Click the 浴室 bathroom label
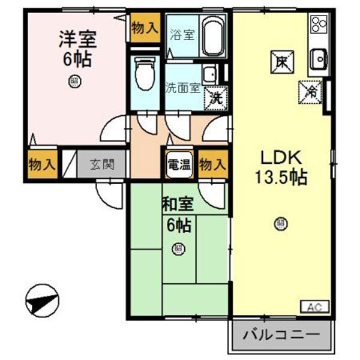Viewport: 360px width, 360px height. pyautogui.click(x=182, y=34)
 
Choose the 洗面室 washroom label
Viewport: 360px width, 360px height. pyautogui.click(x=182, y=86)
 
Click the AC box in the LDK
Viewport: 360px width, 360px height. pyautogui.click(x=314, y=307)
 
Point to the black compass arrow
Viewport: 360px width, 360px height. pyautogui.click(x=43, y=299)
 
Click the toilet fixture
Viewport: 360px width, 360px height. pyautogui.click(x=144, y=73)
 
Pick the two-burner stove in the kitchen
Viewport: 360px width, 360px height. pyautogui.click(x=318, y=25)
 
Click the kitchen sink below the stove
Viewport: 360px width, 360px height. pyautogui.click(x=318, y=58)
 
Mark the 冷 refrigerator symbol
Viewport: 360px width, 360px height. pyautogui.click(x=312, y=91)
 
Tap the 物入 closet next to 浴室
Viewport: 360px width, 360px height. pyautogui.click(x=145, y=28)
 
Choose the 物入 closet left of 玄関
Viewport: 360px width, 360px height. pyautogui.click(x=41, y=163)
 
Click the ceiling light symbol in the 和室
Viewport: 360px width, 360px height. pyautogui.click(x=178, y=247)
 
